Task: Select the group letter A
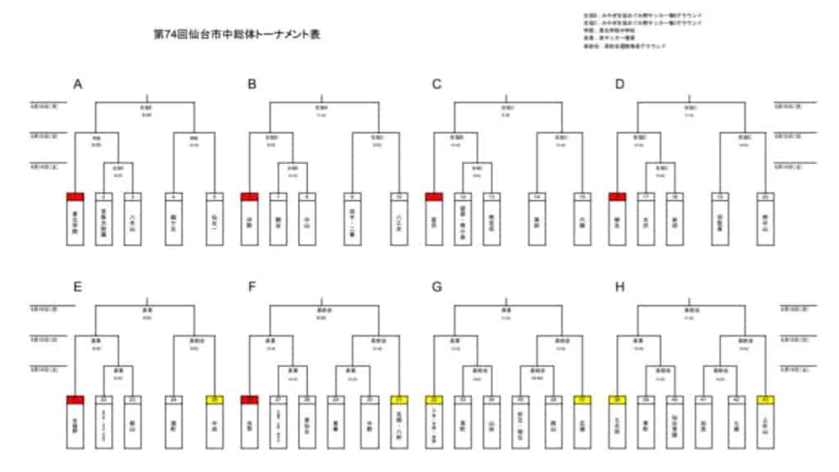tap(78, 84)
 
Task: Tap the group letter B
tap(252, 84)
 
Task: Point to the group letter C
tap(437, 84)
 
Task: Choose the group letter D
tap(619, 84)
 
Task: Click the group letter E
tap(78, 287)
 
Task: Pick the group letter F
tap(252, 287)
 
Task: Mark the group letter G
tap(437, 287)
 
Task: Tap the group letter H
tap(619, 287)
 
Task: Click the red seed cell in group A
tap(75, 197)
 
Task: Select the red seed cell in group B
tap(250, 197)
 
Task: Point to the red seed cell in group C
tap(435, 197)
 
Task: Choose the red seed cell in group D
tap(618, 197)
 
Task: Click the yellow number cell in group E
tap(213, 399)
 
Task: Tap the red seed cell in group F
tap(250, 399)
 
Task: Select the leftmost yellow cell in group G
tap(435, 399)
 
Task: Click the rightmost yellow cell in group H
tap(766, 399)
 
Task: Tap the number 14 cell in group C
tap(537, 197)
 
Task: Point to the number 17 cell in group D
tap(647, 197)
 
